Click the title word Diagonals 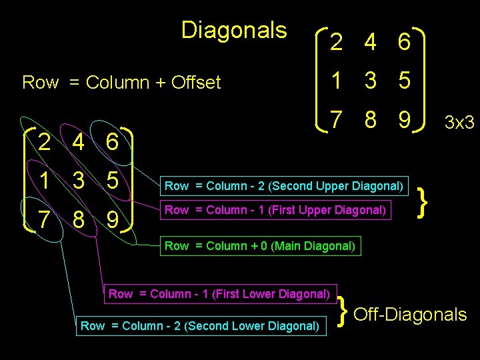tap(233, 30)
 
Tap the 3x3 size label tap(459, 123)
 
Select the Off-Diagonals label tap(410, 314)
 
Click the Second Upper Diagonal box tap(283, 185)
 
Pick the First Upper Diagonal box tap(275, 210)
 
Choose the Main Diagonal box tap(261, 245)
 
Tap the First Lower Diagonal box tap(219, 293)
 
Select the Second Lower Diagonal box tap(199, 325)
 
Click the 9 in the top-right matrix tap(403, 121)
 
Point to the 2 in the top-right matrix tap(337, 43)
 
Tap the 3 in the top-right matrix tap(370, 81)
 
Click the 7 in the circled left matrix tap(43, 219)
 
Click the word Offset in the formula tap(196, 83)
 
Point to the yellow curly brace tap(422, 198)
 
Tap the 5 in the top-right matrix tap(403, 81)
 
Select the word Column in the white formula tap(118, 83)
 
